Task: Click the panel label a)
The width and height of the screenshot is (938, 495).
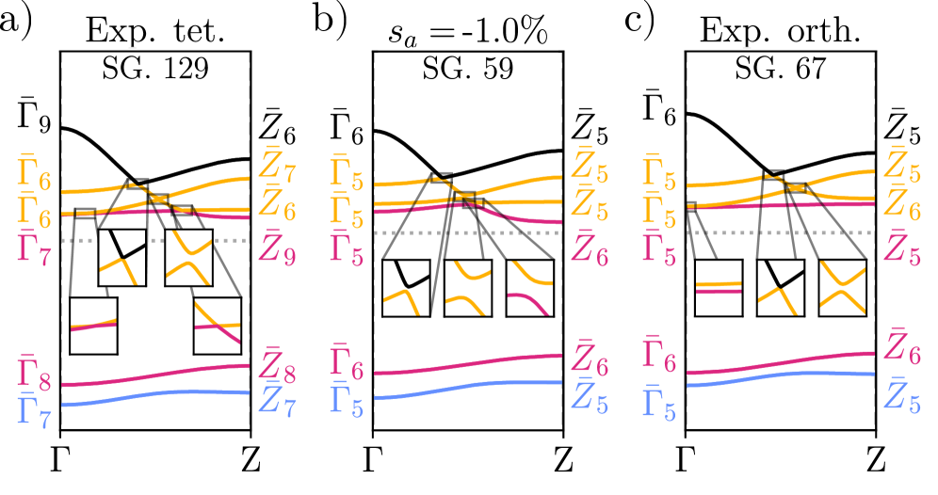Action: (21, 22)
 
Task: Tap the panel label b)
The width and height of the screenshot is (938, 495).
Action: (332, 22)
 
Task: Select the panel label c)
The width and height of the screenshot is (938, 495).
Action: (644, 22)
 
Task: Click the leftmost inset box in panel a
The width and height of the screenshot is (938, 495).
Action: (94, 326)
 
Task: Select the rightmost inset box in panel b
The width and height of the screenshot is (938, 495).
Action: (530, 289)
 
